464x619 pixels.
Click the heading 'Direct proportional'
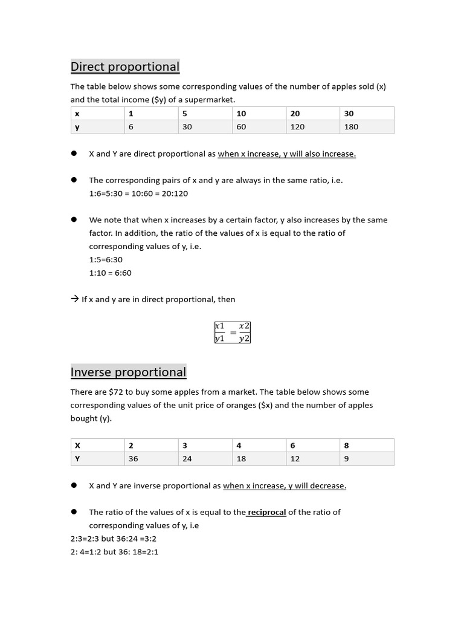(125, 66)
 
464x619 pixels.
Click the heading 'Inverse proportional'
(128, 372)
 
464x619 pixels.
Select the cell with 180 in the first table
(351, 127)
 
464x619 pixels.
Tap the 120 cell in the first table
(297, 127)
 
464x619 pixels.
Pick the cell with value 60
(241, 127)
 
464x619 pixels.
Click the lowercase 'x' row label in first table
(77, 114)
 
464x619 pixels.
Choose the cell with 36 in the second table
(134, 459)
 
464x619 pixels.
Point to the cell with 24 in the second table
(187, 459)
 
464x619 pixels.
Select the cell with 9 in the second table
(346, 459)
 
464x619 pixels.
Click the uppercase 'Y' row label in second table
(77, 459)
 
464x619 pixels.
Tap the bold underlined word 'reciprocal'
(266, 512)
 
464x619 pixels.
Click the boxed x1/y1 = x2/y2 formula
(232, 332)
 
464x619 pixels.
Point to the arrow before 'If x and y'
(75, 299)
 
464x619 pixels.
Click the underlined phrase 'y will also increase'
(320, 154)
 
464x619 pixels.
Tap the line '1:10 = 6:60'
(110, 273)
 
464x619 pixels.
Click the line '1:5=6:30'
(106, 259)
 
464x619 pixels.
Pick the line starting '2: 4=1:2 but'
(114, 552)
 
